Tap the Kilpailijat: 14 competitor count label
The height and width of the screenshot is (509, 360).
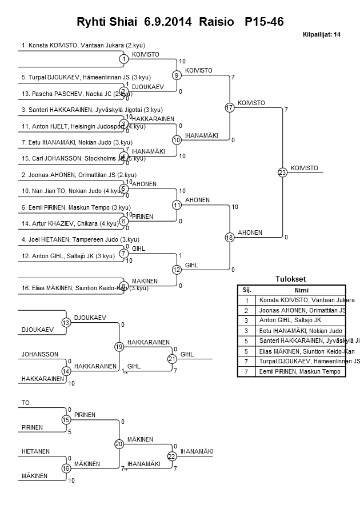tap(321, 35)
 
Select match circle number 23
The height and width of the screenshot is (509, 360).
tap(282, 172)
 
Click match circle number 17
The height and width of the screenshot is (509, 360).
tap(230, 107)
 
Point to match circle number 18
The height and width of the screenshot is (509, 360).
tap(230, 237)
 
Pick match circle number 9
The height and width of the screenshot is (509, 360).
tap(177, 75)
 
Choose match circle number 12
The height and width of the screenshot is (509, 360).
tap(177, 270)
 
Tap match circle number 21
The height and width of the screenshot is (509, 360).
tap(172, 359)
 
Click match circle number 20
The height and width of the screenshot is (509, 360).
tap(119, 444)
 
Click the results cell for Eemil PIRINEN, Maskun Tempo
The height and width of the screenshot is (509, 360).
tap(297, 372)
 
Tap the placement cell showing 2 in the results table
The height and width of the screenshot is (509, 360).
tap(246, 310)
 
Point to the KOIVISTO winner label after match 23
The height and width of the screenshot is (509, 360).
tap(304, 167)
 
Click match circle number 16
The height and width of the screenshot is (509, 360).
tap(66, 468)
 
